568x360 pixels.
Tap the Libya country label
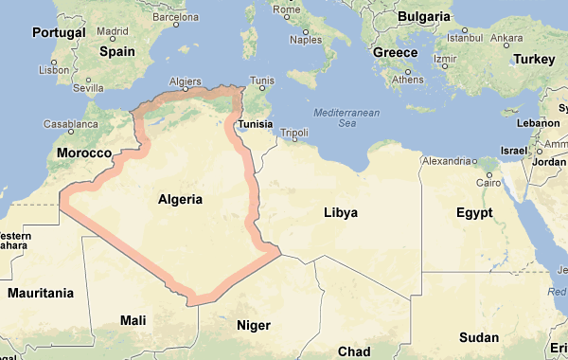(x=341, y=212)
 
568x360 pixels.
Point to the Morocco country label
(x=84, y=153)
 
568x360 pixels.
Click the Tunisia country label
(x=255, y=125)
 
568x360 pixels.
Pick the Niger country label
(x=253, y=325)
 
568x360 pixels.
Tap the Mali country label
(x=133, y=321)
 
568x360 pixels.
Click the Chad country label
(x=354, y=351)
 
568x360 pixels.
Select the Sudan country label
(x=479, y=337)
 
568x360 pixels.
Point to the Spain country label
(x=117, y=52)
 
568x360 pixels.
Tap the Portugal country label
(x=59, y=32)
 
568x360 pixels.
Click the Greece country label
(x=396, y=53)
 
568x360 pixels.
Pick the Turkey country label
(x=534, y=59)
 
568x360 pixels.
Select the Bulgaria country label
(x=423, y=16)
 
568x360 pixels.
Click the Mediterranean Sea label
(x=346, y=117)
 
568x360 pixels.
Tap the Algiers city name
(x=185, y=81)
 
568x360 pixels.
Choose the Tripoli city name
(x=295, y=132)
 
